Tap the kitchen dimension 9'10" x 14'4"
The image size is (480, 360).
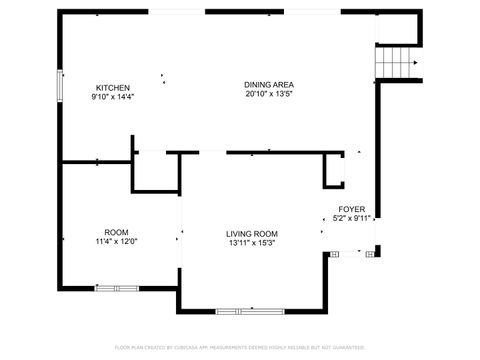111,97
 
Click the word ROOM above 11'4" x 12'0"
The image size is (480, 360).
116,232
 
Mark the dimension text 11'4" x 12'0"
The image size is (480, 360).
116,241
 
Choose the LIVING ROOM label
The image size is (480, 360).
251,233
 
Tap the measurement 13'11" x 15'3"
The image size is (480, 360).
251,242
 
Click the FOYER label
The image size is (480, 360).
351,209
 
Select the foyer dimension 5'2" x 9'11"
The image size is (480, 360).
351,218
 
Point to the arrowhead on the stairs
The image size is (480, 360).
414,63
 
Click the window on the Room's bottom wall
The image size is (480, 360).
117,288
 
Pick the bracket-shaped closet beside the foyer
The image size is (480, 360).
335,172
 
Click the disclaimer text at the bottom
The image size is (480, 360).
240,347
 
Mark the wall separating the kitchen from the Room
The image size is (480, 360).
96,161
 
